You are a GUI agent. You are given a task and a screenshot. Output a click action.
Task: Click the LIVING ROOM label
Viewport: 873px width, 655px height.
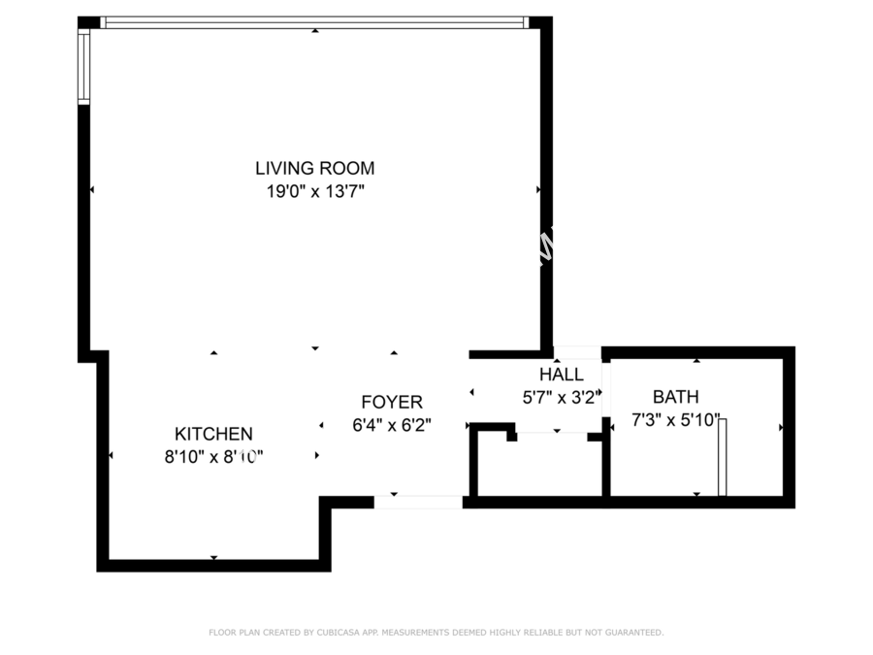point(314,168)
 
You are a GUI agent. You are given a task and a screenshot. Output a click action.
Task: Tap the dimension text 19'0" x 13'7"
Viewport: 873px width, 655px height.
point(315,191)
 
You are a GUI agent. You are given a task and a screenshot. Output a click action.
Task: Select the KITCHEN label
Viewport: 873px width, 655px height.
point(213,434)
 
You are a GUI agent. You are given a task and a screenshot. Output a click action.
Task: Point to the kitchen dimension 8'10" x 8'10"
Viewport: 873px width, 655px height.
point(213,457)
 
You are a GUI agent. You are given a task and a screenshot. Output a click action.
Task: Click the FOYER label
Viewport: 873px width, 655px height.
point(392,402)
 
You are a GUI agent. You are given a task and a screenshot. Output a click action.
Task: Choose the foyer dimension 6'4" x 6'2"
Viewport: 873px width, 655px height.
point(392,426)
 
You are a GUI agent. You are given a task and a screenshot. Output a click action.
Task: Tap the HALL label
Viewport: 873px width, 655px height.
point(562,375)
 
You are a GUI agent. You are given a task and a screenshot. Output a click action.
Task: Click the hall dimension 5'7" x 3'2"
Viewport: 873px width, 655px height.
point(563,398)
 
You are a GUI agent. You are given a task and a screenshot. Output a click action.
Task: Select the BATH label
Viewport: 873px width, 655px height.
point(676,397)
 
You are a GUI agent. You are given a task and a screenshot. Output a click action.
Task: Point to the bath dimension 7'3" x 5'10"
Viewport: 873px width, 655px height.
point(676,420)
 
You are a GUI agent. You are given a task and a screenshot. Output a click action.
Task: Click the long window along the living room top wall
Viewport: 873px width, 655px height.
point(314,22)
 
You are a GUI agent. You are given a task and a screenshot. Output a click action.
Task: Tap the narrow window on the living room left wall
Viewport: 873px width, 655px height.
point(83,66)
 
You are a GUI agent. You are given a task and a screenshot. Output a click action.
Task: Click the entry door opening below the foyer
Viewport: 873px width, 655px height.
point(418,502)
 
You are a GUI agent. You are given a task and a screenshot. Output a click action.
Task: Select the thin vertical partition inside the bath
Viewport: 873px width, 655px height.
point(722,457)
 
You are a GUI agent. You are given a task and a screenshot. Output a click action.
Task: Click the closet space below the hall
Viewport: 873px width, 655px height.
point(540,465)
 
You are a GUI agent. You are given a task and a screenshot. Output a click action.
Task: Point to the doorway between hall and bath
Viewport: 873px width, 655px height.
point(606,389)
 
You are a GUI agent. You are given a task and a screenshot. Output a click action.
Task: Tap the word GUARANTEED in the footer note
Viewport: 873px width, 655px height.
point(634,633)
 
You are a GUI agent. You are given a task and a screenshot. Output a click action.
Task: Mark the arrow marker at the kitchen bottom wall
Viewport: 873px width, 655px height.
point(213,558)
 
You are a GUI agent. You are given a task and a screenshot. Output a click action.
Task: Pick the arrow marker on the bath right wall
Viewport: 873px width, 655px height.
point(781,427)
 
